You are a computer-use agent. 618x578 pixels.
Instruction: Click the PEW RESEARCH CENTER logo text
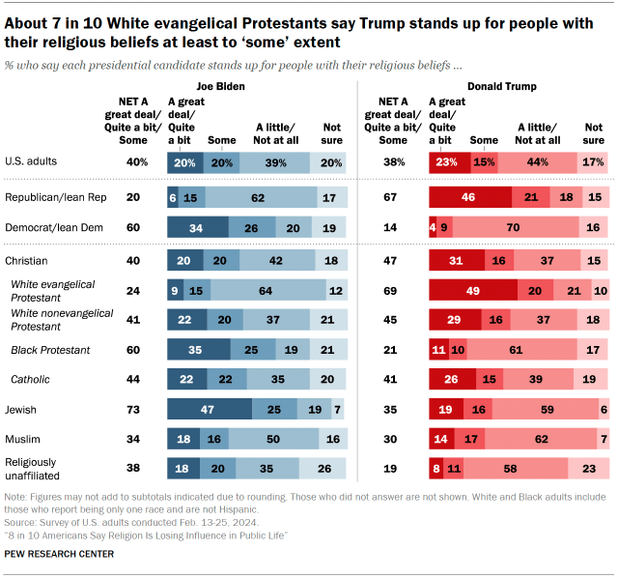[59, 554]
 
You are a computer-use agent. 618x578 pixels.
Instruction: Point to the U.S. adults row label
[32, 162]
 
